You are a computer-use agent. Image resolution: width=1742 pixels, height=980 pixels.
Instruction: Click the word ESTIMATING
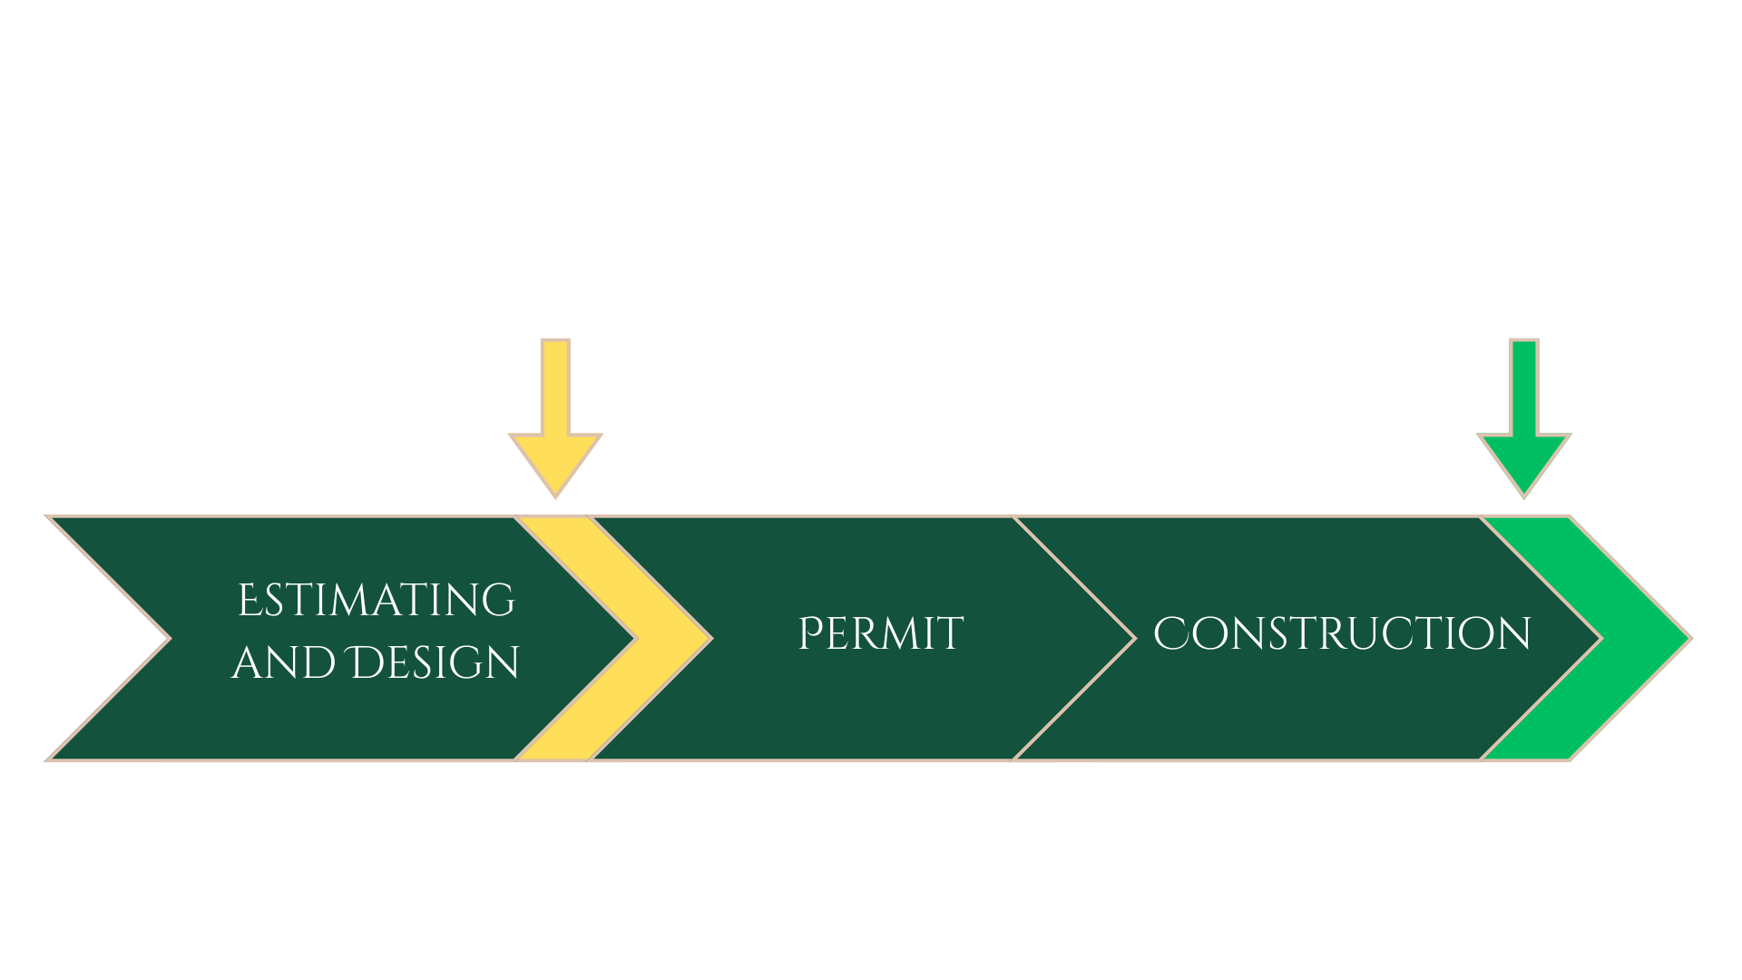tap(376, 601)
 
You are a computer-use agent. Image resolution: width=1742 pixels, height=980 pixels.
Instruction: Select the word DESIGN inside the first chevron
tap(435, 663)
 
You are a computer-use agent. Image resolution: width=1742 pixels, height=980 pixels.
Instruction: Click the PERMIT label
tap(880, 633)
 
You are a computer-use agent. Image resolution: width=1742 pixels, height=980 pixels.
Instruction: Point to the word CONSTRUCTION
tap(1342, 633)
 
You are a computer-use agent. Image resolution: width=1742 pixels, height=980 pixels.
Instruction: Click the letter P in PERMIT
tap(809, 633)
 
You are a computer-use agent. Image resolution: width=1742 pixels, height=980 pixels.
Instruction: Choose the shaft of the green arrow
tap(1524, 386)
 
